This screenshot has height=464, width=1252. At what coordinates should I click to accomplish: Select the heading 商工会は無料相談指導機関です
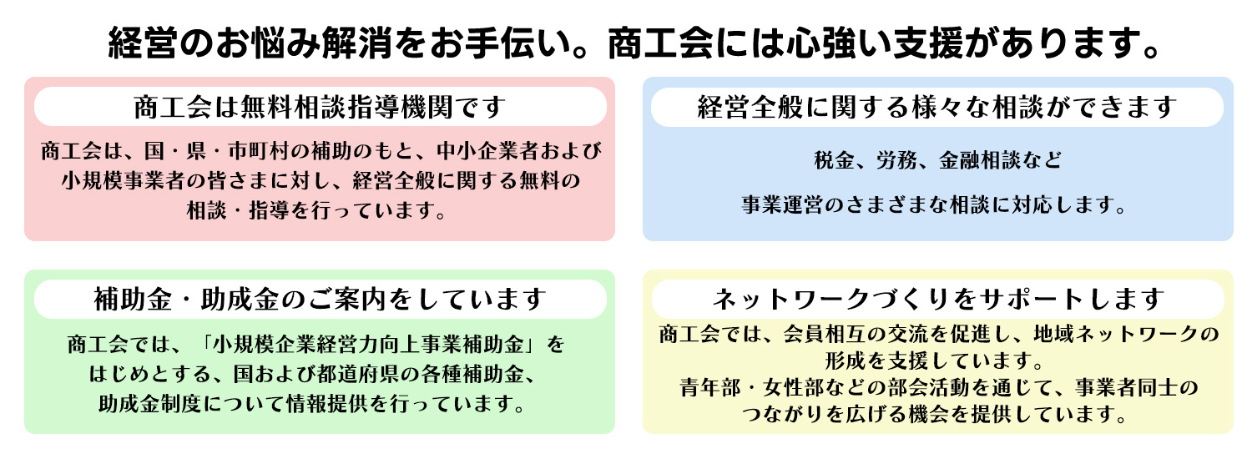320,107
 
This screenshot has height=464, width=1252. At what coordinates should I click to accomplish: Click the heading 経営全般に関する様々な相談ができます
936,107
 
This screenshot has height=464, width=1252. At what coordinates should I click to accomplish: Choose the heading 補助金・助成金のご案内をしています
320,298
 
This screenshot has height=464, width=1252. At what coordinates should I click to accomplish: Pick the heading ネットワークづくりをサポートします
937,298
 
